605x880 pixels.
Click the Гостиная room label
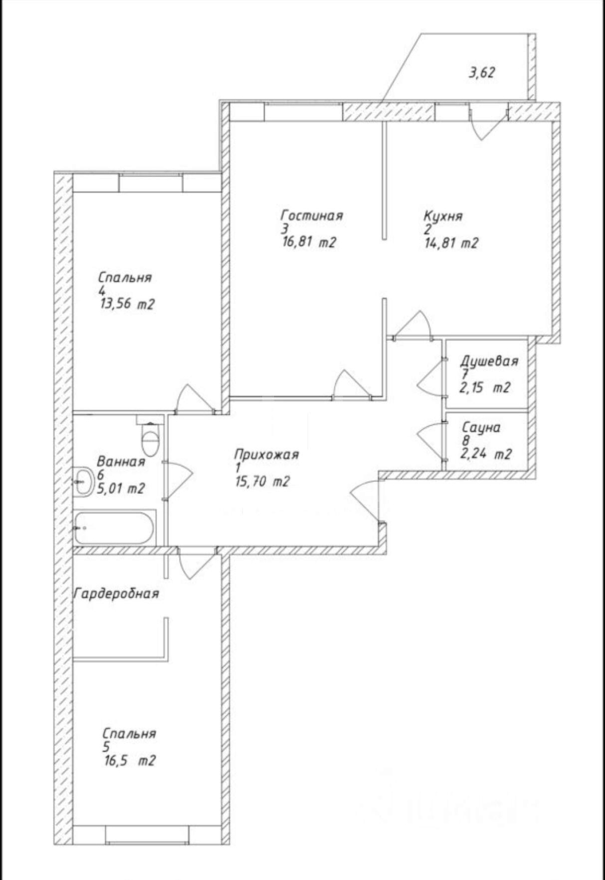point(312,215)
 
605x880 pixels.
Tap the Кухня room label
point(443,216)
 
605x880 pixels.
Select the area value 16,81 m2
point(309,242)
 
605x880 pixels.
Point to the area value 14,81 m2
point(451,243)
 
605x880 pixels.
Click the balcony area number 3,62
point(481,73)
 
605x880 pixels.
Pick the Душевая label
point(489,360)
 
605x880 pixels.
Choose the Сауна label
point(481,427)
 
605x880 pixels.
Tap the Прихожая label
point(267,454)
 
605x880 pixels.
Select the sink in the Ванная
point(83,481)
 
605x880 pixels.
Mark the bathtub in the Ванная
point(114,527)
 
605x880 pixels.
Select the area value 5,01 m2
point(121,488)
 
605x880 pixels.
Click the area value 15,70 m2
point(262,481)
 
